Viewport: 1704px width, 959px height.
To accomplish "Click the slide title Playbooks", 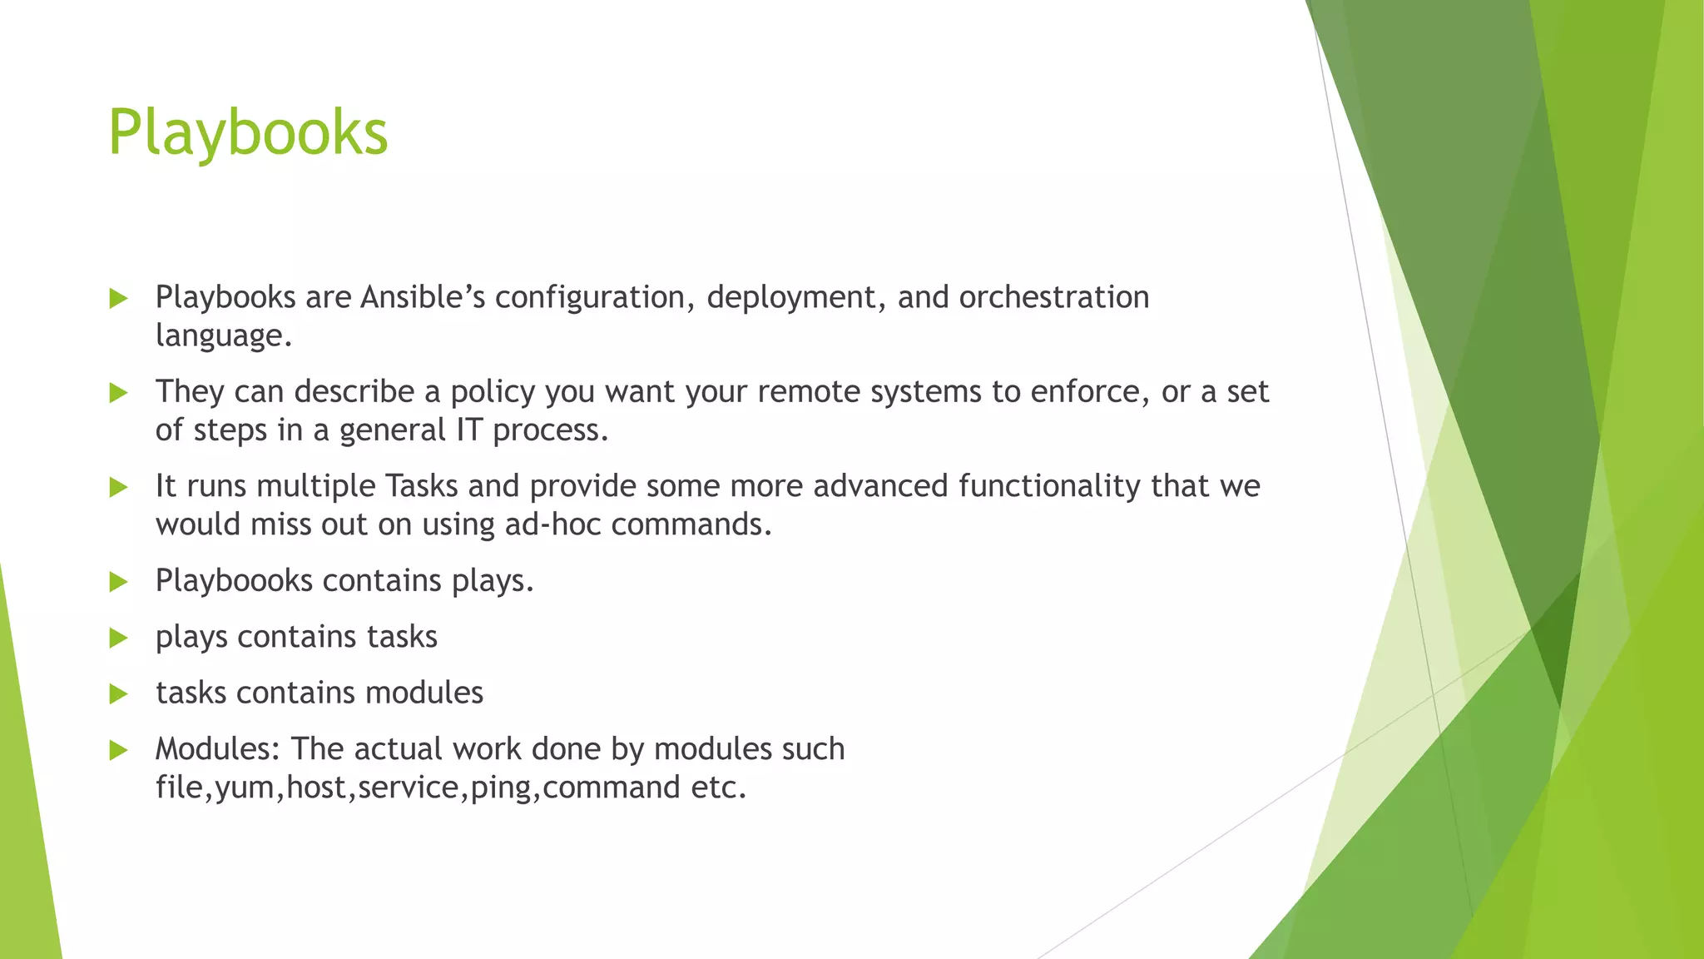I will click(x=248, y=133).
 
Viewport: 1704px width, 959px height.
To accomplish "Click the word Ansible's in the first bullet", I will click(x=422, y=297).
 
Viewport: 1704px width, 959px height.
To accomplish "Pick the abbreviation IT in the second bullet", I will click(x=468, y=430).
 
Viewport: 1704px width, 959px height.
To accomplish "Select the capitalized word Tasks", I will click(x=421, y=486).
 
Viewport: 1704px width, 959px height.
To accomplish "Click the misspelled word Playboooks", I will click(x=234, y=581).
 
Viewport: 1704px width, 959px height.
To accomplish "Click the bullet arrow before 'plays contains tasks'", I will click(x=118, y=639).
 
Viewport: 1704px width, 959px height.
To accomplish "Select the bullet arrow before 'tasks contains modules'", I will click(x=118, y=694).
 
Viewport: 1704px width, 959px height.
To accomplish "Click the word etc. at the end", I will click(x=718, y=788).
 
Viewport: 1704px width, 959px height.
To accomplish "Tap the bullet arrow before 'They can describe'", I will click(x=118, y=393).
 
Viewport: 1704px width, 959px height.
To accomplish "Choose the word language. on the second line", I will click(x=224, y=336).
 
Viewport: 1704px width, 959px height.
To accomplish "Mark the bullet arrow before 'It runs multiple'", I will click(x=118, y=487).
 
